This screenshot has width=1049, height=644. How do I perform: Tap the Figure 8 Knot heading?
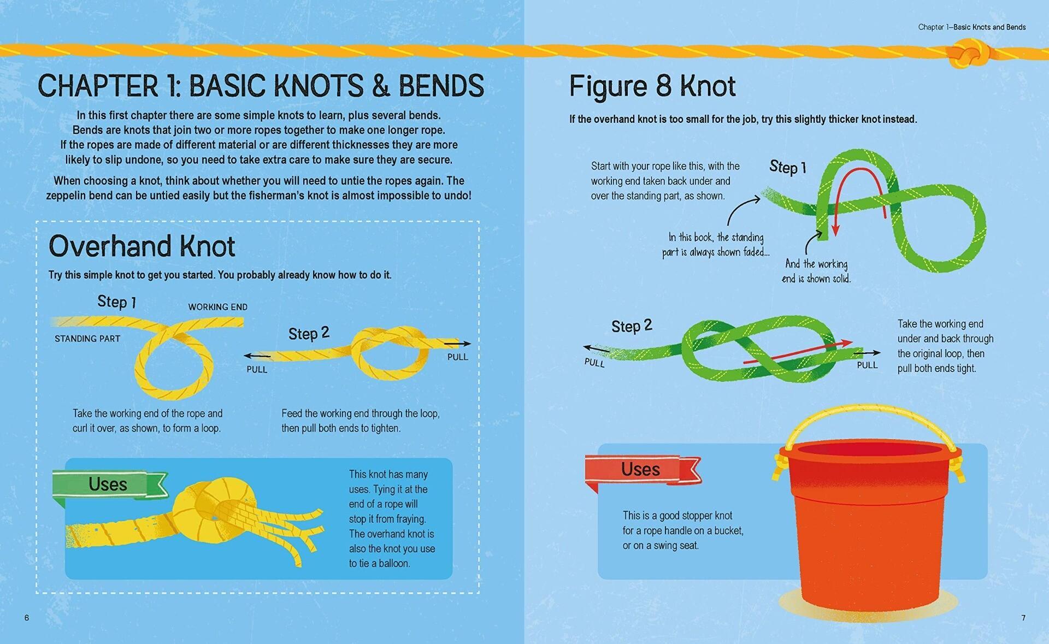click(652, 86)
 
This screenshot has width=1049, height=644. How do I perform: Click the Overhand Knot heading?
click(142, 246)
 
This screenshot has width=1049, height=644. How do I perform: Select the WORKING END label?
click(217, 307)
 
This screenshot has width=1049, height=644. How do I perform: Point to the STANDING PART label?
click(87, 339)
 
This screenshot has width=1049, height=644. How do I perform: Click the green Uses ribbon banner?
click(108, 485)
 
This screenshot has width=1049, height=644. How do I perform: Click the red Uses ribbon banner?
click(641, 469)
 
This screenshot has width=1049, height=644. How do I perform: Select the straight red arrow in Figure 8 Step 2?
click(798, 352)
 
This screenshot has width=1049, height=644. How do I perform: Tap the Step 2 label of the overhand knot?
click(309, 333)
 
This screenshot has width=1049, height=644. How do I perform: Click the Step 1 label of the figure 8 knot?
click(787, 167)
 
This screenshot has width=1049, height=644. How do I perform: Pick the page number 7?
click(1023, 618)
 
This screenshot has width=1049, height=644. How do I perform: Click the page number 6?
click(27, 618)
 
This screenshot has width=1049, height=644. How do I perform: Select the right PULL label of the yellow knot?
click(457, 357)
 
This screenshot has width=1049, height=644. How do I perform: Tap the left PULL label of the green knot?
click(594, 363)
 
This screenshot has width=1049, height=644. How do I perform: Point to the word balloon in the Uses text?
click(393, 563)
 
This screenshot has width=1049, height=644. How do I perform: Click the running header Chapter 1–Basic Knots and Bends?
click(971, 27)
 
